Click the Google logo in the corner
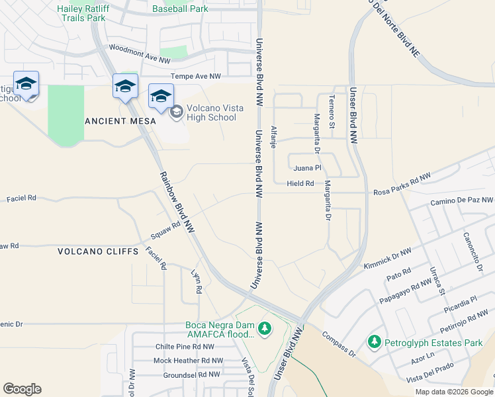click(22, 389)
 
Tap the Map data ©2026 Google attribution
click(454, 392)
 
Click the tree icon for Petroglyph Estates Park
click(375, 342)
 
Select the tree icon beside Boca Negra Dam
click(265, 328)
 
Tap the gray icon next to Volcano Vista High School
click(177, 112)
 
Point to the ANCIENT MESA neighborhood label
click(120, 121)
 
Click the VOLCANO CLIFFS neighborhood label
click(97, 251)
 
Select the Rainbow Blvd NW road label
click(177, 202)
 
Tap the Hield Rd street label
click(300, 183)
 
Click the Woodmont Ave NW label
click(140, 54)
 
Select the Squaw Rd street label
click(165, 230)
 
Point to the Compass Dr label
click(339, 345)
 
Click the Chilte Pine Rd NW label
click(185, 346)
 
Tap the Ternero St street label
click(332, 111)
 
